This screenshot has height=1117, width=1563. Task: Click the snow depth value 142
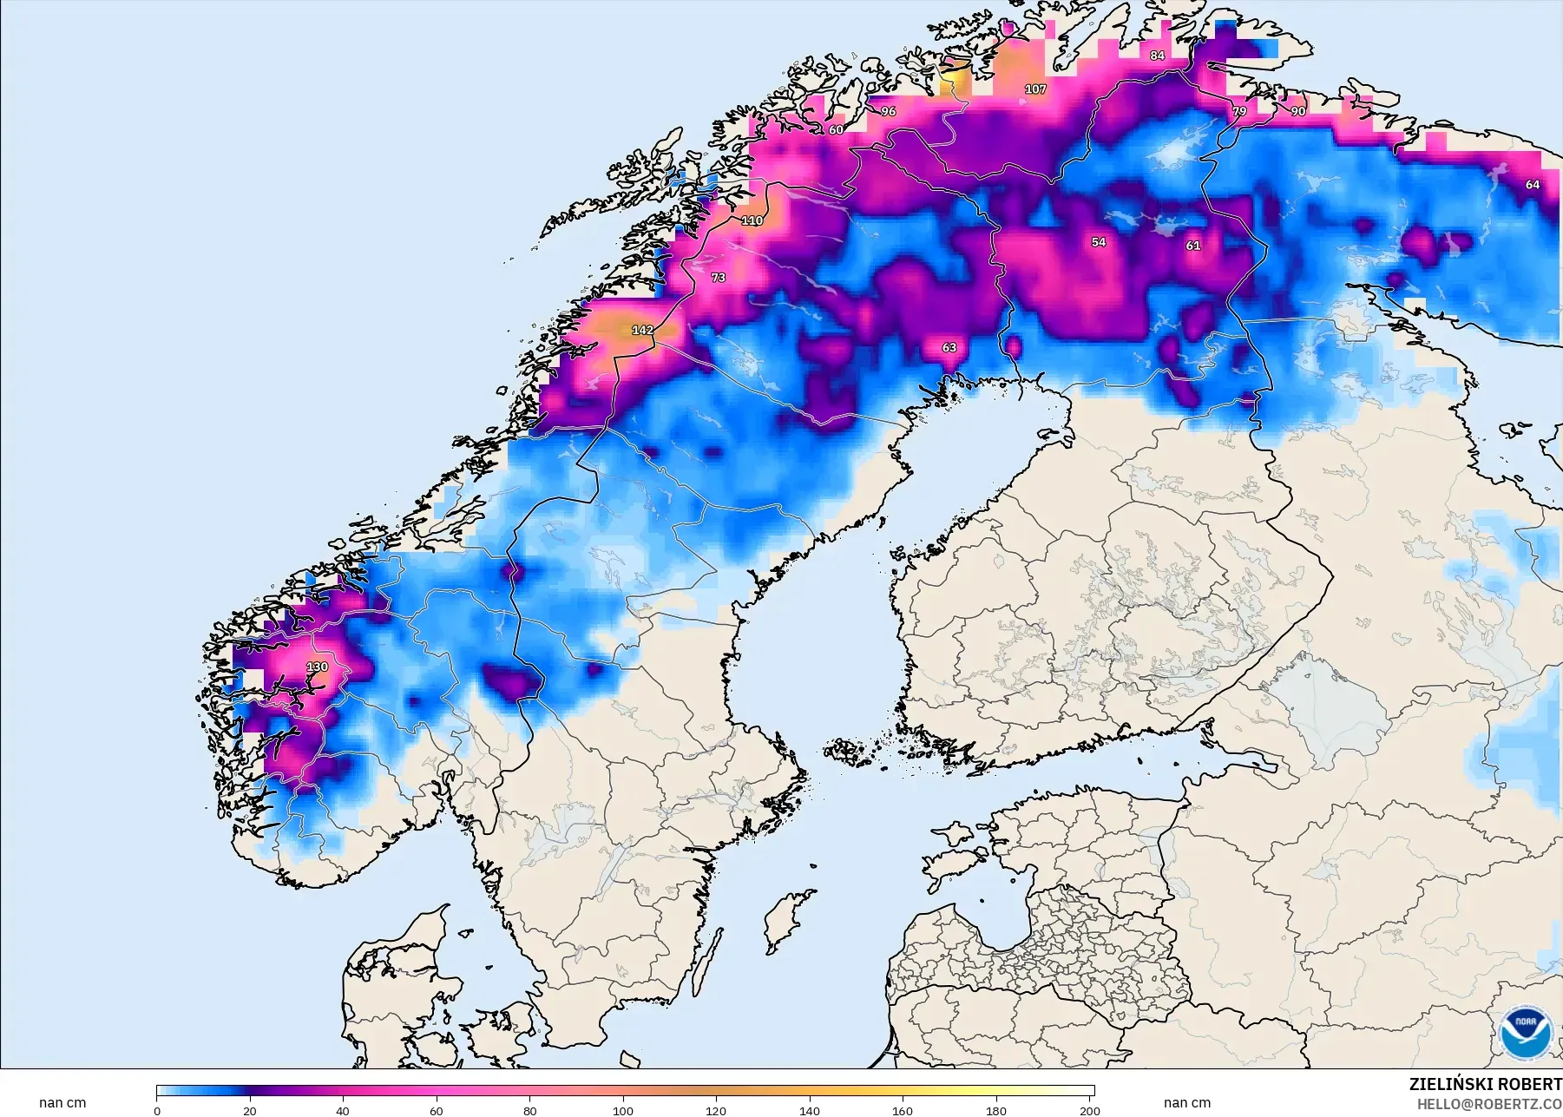642,330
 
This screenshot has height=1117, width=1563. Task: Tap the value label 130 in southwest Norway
317,667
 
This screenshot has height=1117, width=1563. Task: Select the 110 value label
752,220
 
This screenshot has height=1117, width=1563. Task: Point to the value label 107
1034,89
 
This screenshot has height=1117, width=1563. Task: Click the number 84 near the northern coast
1157,56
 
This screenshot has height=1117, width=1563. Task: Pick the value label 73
718,278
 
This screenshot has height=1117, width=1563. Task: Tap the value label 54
1099,242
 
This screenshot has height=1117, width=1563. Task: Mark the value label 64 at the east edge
1533,185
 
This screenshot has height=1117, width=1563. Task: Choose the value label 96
888,112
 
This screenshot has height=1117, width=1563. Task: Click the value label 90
1297,111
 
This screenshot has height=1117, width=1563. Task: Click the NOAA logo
1525,1032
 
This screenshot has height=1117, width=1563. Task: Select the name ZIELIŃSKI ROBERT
1485,1084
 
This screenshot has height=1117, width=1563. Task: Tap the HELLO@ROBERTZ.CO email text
1489,1104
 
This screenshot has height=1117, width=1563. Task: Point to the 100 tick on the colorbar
623,1110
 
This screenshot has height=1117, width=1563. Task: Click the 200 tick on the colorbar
1089,1110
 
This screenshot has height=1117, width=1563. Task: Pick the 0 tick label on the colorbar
157,1110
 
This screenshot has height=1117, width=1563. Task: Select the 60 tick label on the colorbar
437,1110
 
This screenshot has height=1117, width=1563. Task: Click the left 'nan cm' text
62,1103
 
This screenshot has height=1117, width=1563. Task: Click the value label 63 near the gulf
949,347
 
